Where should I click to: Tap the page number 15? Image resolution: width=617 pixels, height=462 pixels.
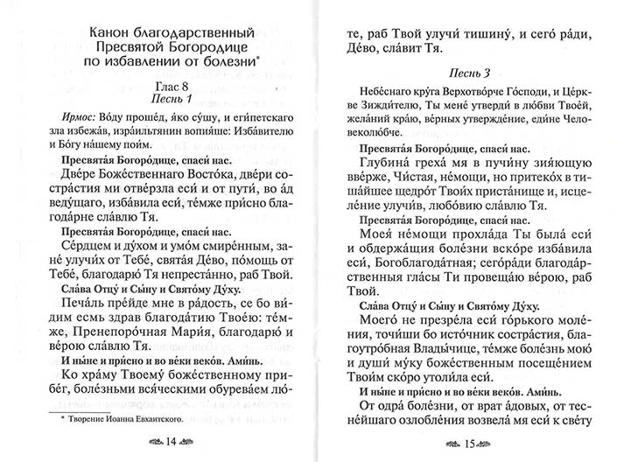pos(473,441)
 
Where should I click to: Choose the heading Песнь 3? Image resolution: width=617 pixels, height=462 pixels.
pos(473,69)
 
